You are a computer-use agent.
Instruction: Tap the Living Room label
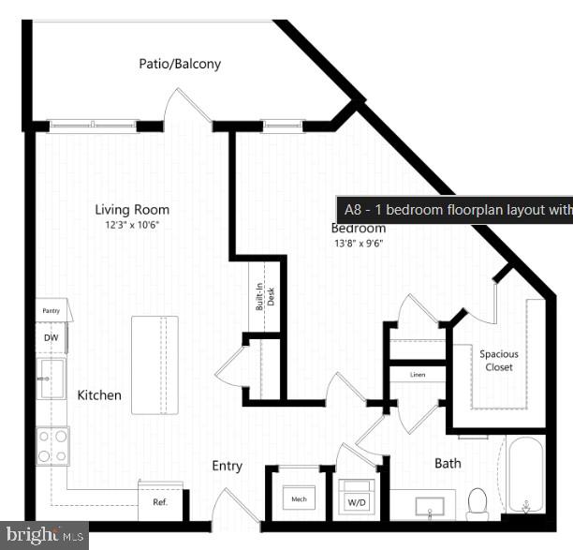pyautogui.click(x=132, y=209)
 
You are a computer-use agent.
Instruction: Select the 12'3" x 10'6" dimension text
pyautogui.click(x=132, y=225)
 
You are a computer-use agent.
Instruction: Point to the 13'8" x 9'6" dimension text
pyautogui.click(x=358, y=243)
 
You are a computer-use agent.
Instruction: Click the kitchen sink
pyautogui.click(x=51, y=379)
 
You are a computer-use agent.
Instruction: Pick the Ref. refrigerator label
pyautogui.click(x=159, y=502)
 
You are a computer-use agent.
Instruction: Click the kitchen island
pyautogui.click(x=154, y=364)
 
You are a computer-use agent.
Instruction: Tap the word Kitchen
pyautogui.click(x=99, y=395)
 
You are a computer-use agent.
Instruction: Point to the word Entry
pyautogui.click(x=227, y=466)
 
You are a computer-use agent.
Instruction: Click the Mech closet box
pyautogui.click(x=299, y=499)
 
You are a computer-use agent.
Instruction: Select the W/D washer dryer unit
pyautogui.click(x=357, y=498)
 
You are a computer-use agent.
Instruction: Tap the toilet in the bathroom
pyautogui.click(x=477, y=503)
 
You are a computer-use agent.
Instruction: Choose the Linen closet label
pyautogui.click(x=419, y=375)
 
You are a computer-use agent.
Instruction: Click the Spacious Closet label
pyautogui.click(x=498, y=361)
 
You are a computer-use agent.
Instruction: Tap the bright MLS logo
pyautogui.click(x=43, y=535)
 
